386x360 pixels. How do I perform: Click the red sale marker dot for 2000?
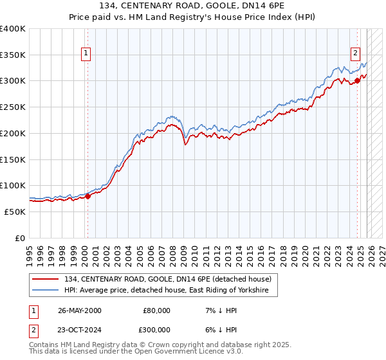coord(88,197)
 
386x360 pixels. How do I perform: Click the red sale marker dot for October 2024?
coord(357,80)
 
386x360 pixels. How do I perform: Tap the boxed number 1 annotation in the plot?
coord(86,53)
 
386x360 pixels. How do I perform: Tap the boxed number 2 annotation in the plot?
coord(355,53)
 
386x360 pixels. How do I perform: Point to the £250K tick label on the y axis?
coord(13,107)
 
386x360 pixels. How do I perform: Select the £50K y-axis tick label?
coord(15,212)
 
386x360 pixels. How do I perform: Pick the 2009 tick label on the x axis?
coord(183,251)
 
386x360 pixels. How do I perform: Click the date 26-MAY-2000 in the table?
coord(80,310)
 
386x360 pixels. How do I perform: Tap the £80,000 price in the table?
coord(156,310)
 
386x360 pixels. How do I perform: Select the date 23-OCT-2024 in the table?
coord(80,329)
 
